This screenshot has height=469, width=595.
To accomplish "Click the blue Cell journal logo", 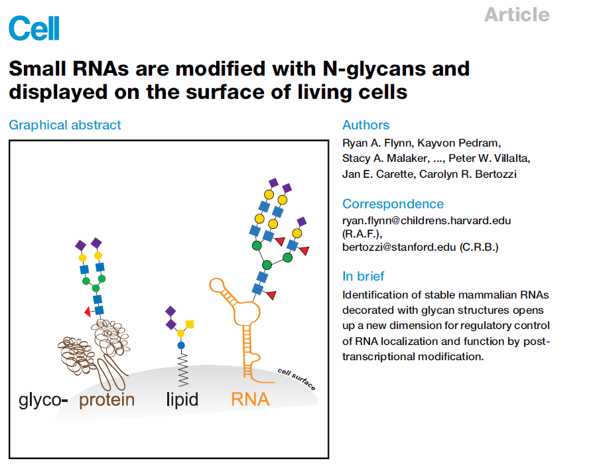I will click(34, 29).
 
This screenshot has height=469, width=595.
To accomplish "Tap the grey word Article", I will click(516, 15).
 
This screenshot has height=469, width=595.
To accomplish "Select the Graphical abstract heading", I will click(65, 125).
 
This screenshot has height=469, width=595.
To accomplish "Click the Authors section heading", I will click(365, 125).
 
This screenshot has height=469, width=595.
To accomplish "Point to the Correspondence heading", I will click(393, 204).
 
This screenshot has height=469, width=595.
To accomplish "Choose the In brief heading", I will click(363, 276).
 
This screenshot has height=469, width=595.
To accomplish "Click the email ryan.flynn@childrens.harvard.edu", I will click(427, 220).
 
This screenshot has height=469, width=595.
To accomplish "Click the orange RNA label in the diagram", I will click(250, 399).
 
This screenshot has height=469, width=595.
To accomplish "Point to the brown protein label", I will click(107, 399).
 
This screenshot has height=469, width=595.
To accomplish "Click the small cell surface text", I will click(297, 379).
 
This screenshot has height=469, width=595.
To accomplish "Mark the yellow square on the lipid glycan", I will click(190, 324).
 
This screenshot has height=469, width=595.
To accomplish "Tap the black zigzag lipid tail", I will click(181, 367).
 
